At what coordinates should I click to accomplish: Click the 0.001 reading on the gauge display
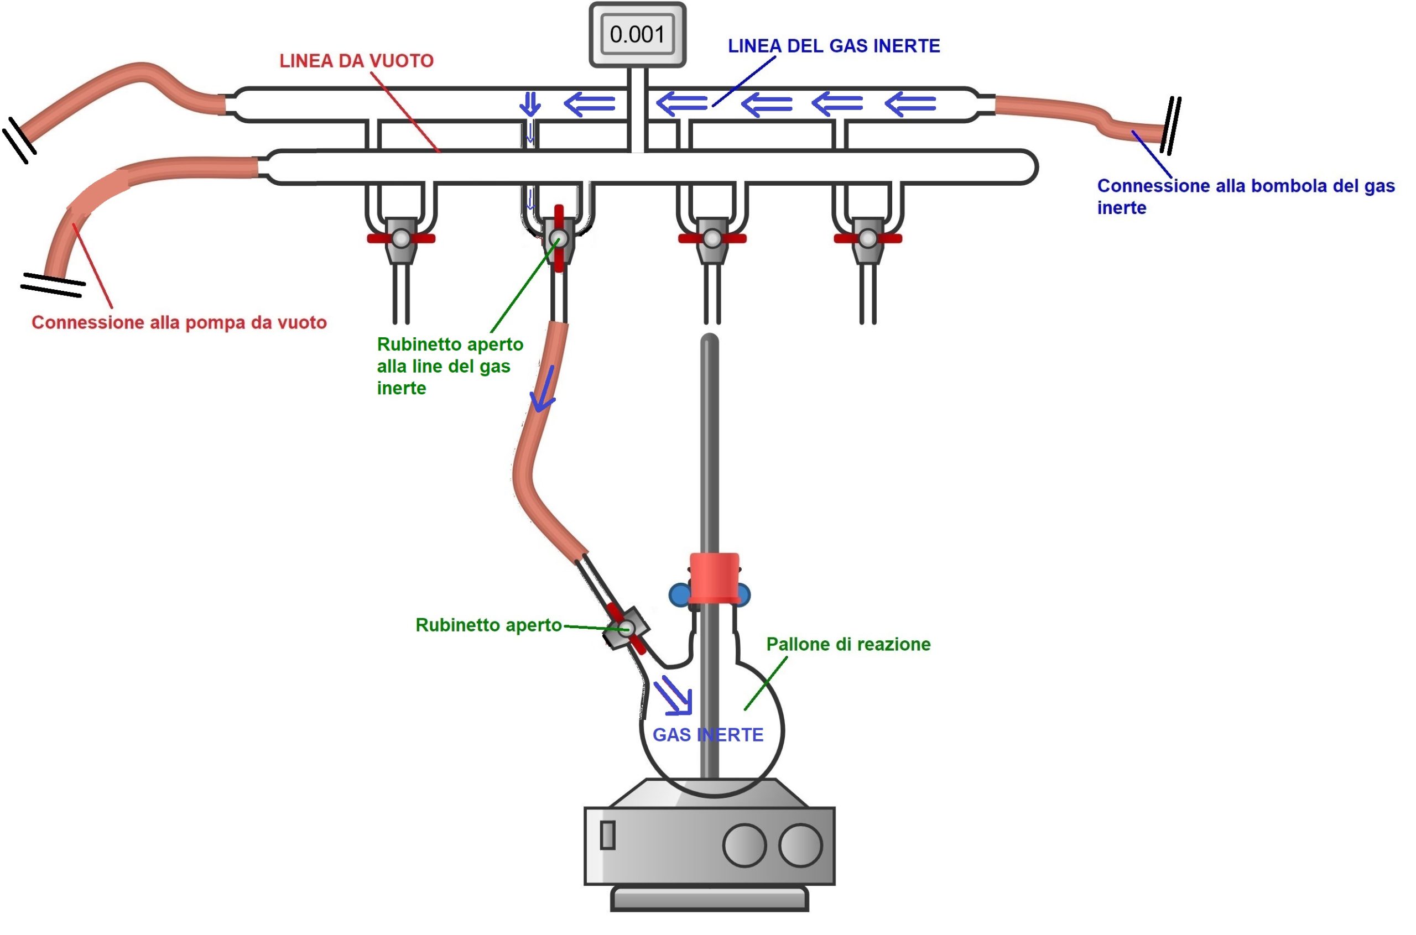[637, 35]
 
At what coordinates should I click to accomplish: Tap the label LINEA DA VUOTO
[356, 61]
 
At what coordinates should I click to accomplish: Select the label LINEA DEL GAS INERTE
[833, 46]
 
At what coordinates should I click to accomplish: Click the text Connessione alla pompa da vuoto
[179, 322]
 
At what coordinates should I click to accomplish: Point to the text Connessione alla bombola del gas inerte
[1245, 196]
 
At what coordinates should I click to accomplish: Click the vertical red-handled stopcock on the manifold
[558, 238]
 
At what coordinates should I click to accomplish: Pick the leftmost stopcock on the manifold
[401, 239]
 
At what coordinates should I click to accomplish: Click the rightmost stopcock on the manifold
[867, 239]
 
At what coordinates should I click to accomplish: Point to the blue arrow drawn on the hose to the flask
[544, 389]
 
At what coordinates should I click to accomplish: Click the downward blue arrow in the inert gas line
[530, 104]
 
